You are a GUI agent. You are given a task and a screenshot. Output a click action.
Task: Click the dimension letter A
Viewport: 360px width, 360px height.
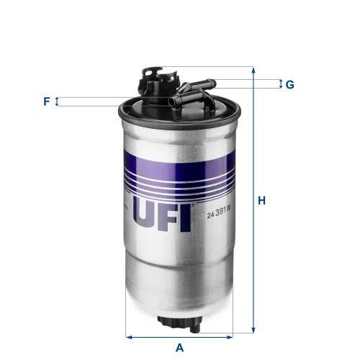click(x=180, y=347)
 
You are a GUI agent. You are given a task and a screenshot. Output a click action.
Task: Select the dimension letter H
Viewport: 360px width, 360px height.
click(x=264, y=201)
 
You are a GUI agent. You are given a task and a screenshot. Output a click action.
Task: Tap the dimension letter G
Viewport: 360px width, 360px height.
click(x=289, y=85)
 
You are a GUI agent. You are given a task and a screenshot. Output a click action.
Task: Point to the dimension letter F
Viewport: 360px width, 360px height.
click(x=46, y=102)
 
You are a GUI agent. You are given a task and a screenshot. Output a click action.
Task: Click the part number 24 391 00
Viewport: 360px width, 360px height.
click(x=220, y=214)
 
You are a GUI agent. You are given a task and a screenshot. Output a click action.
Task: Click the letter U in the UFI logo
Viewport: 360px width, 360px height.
click(x=147, y=214)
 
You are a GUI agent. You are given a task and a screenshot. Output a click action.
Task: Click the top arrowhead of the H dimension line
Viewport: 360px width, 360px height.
click(x=253, y=70)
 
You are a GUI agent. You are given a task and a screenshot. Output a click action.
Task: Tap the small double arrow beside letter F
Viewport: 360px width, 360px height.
click(x=58, y=102)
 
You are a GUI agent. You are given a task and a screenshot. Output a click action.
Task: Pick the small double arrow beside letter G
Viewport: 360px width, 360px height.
click(x=280, y=84)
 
